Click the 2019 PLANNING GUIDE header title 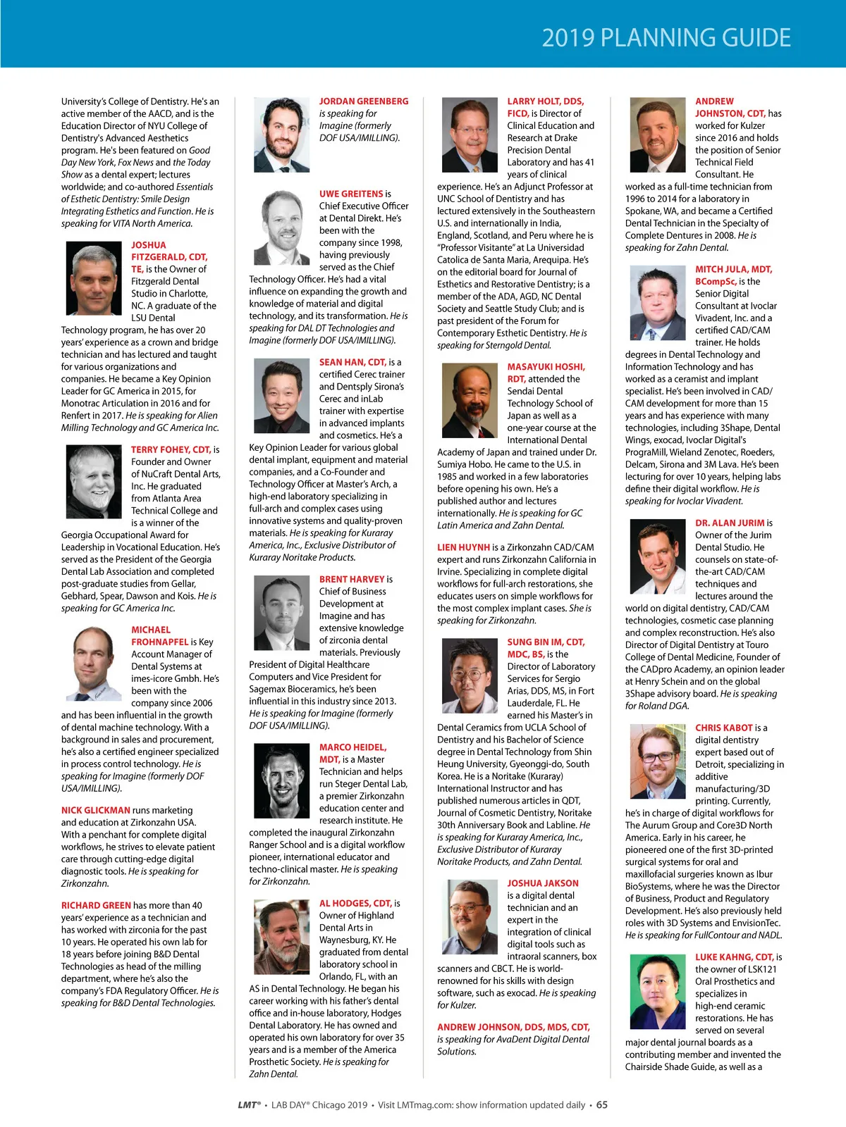pos(666,37)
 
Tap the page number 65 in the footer pos(601,1104)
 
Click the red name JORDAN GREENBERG pos(363,101)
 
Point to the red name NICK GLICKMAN pos(95,810)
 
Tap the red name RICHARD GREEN pos(96,905)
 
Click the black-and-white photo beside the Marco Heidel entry pos(282,780)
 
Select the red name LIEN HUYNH pos(463,547)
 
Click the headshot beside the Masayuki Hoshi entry pos(470,399)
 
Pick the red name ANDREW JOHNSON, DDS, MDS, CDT pos(513,1027)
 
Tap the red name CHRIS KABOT pos(724,728)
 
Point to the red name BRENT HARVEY pos(352,579)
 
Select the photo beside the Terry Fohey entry pos(94,482)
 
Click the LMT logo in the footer pos(248,1104)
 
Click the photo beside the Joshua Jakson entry pos(470,916)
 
